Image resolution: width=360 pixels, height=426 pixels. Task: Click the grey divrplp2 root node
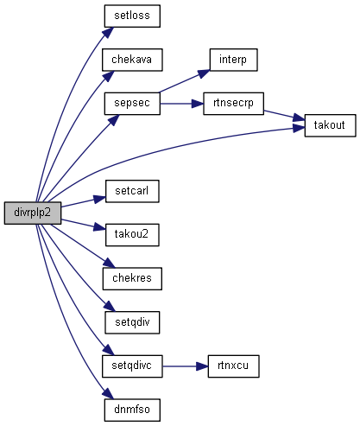33,213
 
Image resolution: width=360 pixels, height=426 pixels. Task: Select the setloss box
132,16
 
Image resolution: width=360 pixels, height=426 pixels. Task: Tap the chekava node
132,60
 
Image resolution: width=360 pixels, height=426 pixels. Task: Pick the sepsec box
132,104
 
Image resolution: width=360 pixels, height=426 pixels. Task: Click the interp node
233,60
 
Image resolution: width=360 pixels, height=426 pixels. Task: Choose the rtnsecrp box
233,104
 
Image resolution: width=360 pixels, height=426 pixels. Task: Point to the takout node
330,125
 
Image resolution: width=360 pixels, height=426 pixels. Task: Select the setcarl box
132,191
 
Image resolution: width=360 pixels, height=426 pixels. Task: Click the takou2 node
132,235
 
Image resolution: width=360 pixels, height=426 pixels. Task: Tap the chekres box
132,278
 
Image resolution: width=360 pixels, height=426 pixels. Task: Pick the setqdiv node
132,322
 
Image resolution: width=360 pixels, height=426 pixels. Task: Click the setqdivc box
132,366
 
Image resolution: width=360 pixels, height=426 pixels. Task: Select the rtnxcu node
233,366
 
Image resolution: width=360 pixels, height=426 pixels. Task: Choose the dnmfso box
132,410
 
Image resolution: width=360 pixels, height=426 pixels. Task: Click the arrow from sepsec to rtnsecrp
181,104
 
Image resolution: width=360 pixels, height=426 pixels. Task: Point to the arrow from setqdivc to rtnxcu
185,366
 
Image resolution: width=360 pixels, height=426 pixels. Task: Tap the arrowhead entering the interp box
204,73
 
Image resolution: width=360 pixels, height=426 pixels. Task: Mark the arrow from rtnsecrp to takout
284,115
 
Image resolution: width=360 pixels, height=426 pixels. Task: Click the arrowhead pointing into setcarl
99,199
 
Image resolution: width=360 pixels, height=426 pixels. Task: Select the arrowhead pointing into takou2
99,227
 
